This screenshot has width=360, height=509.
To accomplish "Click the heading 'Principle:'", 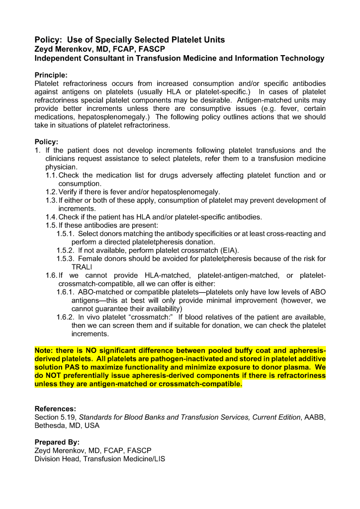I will pyautogui.click(x=51, y=75).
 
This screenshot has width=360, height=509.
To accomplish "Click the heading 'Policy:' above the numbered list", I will pyautogui.click(x=46, y=142).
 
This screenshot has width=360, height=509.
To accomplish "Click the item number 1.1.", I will pyautogui.click(x=51, y=175).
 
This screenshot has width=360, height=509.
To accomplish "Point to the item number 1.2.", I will pyautogui.click(x=51, y=192).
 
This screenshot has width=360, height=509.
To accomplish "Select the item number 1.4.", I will pyautogui.click(x=51, y=217).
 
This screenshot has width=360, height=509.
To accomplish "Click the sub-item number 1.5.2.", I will pyautogui.click(x=66, y=250).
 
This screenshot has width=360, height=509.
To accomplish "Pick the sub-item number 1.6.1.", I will pyautogui.click(x=66, y=292).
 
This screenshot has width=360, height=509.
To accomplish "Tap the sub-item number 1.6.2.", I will pyautogui.click(x=66, y=317).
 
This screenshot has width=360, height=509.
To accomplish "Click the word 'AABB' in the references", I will pyautogui.click(x=314, y=417).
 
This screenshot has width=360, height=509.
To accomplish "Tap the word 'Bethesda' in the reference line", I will pyautogui.click(x=50, y=425).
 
